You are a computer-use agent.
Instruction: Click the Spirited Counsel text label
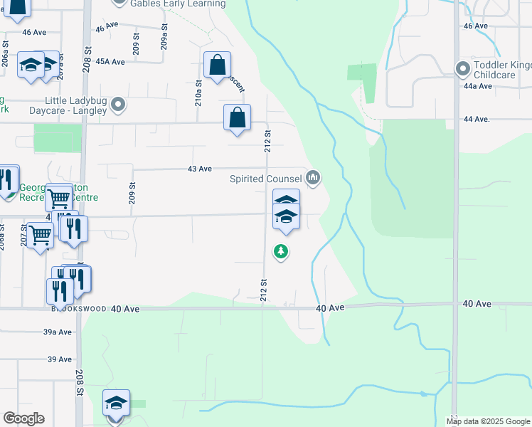coord(266,179)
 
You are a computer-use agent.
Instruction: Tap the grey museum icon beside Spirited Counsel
coord(314,177)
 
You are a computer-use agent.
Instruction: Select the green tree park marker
coord(282,251)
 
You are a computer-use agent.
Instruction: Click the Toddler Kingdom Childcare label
coord(502,70)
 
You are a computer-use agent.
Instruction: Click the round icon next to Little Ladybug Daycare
coord(119,105)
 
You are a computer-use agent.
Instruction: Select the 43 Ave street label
coord(199,169)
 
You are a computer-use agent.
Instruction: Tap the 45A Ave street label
coord(110,62)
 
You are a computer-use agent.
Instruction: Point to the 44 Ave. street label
coord(477,120)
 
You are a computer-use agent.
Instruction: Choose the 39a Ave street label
coord(58,332)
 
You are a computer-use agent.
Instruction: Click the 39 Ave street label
coord(60,359)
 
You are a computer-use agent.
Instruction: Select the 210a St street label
coord(199,93)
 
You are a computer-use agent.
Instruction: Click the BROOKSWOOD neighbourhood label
coord(78,309)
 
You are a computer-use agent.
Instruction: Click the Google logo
coord(23,418)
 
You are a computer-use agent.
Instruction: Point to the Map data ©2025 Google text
coord(489,421)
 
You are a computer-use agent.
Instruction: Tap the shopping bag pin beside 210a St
coord(217,65)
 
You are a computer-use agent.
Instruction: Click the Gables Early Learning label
coord(174,3)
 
